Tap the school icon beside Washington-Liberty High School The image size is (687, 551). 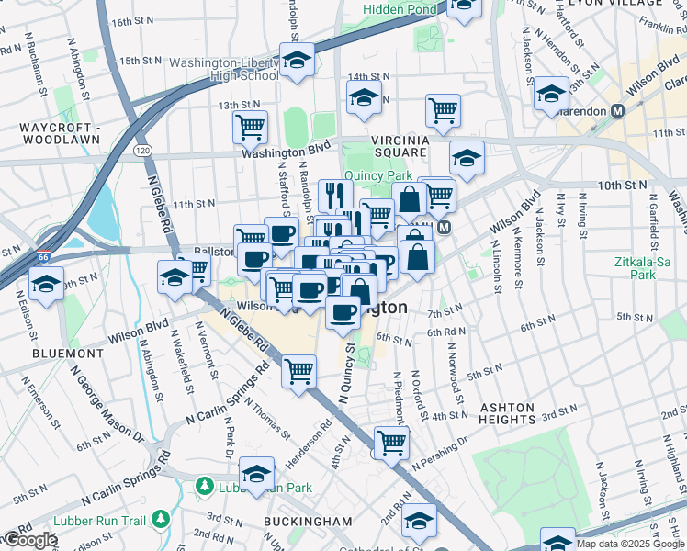(x=297, y=61)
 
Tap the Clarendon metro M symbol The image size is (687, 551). (x=618, y=110)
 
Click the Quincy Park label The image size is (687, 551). (x=377, y=176)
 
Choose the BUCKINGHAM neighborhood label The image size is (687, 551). (x=307, y=521)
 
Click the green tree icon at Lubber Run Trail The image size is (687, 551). (x=162, y=521)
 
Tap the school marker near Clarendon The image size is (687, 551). (x=551, y=94)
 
